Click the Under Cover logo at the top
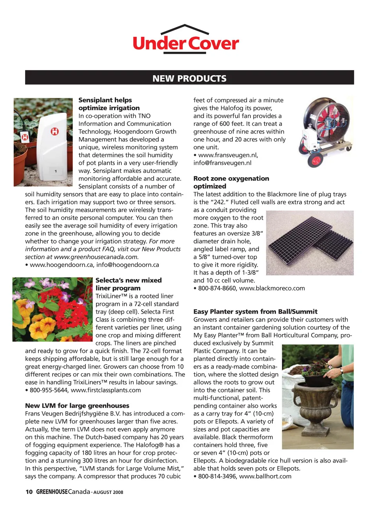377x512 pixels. (x=185, y=40)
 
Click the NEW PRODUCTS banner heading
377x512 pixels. (x=189, y=78)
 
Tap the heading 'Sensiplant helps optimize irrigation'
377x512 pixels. (x=109, y=104)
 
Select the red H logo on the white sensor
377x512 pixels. (x=54, y=131)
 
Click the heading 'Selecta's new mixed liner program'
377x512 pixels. (x=128, y=284)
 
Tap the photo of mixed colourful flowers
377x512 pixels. (x=53, y=309)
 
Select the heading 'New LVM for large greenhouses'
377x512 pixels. (x=77, y=406)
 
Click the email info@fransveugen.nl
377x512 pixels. (x=222, y=163)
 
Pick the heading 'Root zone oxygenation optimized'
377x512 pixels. (x=231, y=182)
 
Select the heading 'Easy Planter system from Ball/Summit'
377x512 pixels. (x=255, y=312)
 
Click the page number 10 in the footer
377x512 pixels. (x=29, y=492)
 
